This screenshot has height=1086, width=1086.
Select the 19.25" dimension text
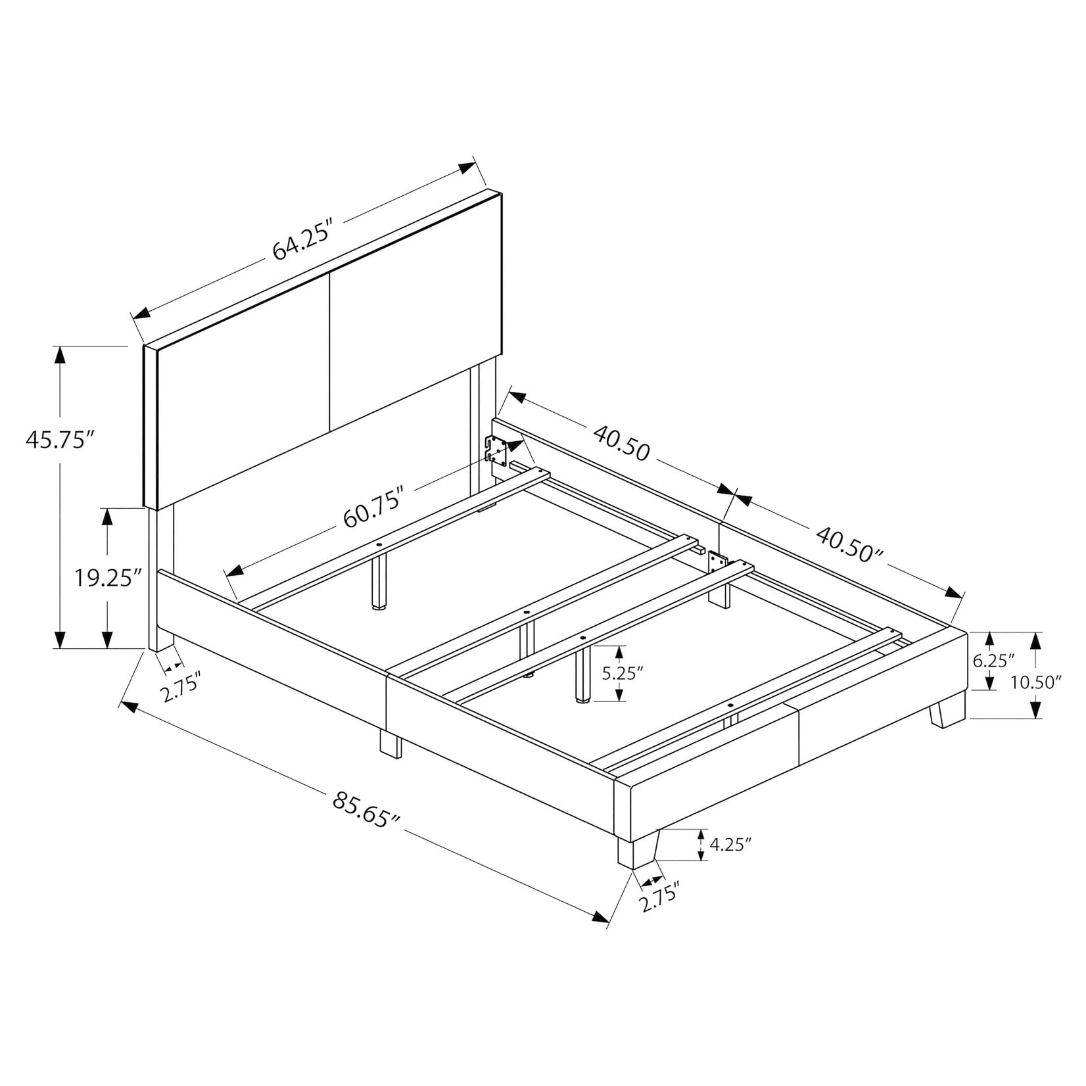click(107, 578)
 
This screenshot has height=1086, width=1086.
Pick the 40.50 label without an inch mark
click(621, 443)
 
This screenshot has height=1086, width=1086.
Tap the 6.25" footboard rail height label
click(994, 661)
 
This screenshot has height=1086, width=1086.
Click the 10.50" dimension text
click(1037, 682)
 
